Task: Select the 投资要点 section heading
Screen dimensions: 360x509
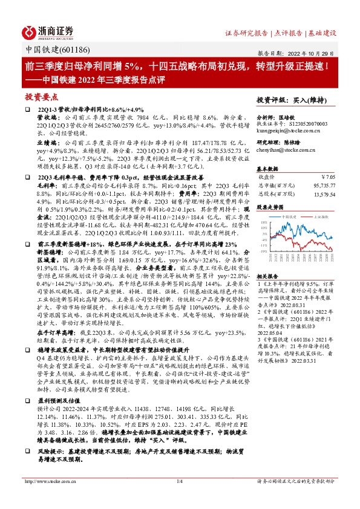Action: tap(42, 96)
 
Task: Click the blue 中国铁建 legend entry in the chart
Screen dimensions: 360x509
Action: tap(284, 216)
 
